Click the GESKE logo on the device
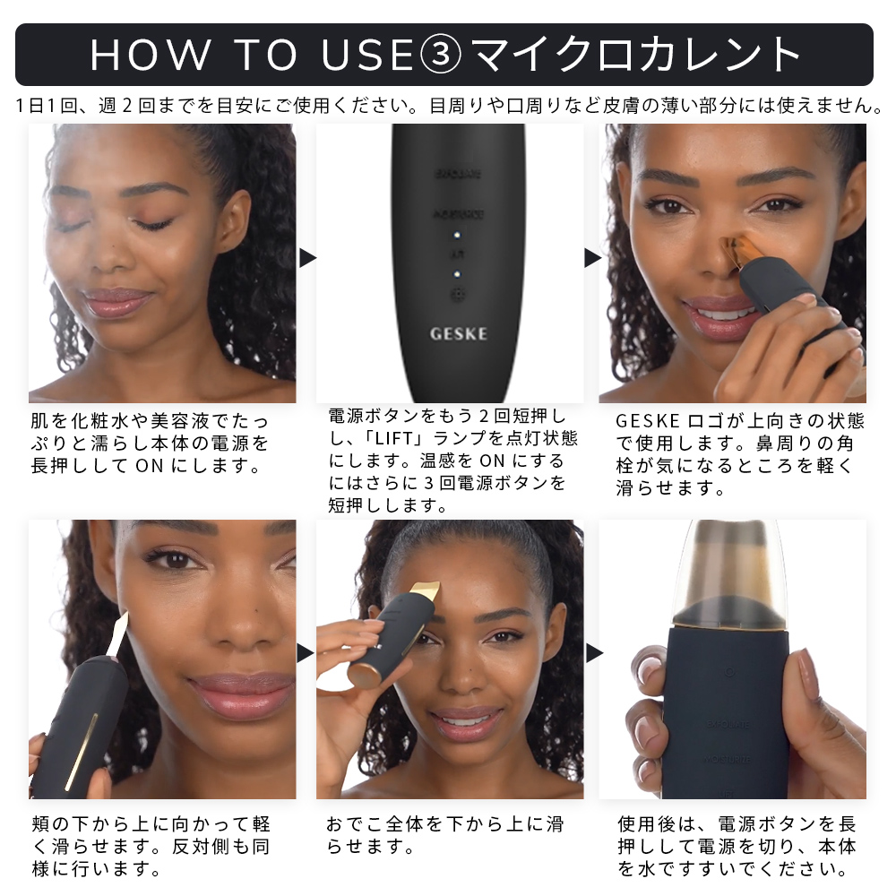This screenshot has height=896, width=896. pyautogui.click(x=458, y=333)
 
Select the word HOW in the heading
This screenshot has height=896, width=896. pyautogui.click(x=149, y=55)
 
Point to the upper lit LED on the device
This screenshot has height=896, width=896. pyautogui.click(x=457, y=237)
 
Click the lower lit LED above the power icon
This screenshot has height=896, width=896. pyautogui.click(x=457, y=272)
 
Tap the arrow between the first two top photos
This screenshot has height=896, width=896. pyautogui.click(x=307, y=258)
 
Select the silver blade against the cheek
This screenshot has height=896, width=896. pyautogui.click(x=117, y=633)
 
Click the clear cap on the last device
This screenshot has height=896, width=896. pyautogui.click(x=730, y=573)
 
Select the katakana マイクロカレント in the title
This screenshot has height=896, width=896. pyautogui.click(x=636, y=55)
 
